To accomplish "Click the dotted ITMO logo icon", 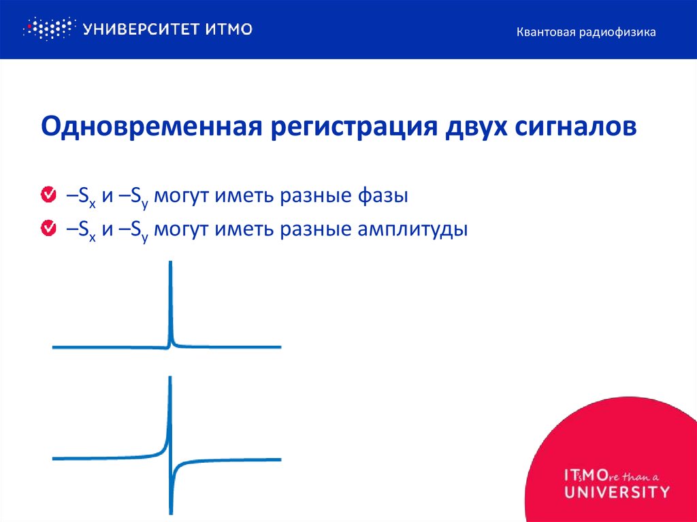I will click(x=48, y=29).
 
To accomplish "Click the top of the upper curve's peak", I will click(x=170, y=263).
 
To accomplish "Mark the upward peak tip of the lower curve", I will click(x=169, y=378).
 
